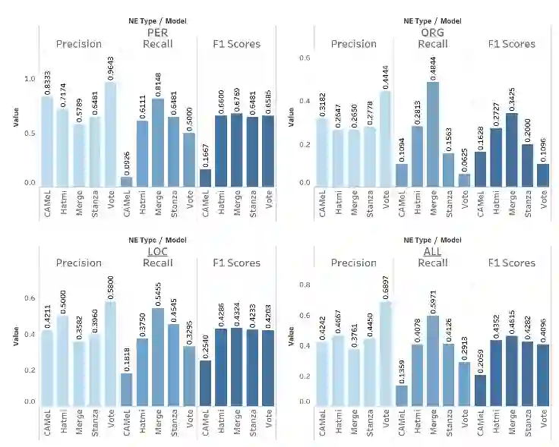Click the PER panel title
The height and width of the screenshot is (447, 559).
[x=157, y=33]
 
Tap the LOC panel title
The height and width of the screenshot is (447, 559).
[x=157, y=251]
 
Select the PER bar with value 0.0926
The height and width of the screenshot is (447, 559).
[x=126, y=181]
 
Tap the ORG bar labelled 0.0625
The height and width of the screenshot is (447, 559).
[x=464, y=180]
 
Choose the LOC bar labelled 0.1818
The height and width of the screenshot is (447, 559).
[x=126, y=389]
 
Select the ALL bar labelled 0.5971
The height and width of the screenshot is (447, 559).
[x=433, y=361]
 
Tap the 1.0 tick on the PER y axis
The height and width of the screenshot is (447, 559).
[x=30, y=79]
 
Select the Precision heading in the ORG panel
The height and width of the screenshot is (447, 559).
[x=354, y=44]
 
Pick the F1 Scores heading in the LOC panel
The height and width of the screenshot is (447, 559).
[x=236, y=263]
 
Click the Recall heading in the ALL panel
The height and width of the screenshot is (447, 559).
[x=433, y=263]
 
